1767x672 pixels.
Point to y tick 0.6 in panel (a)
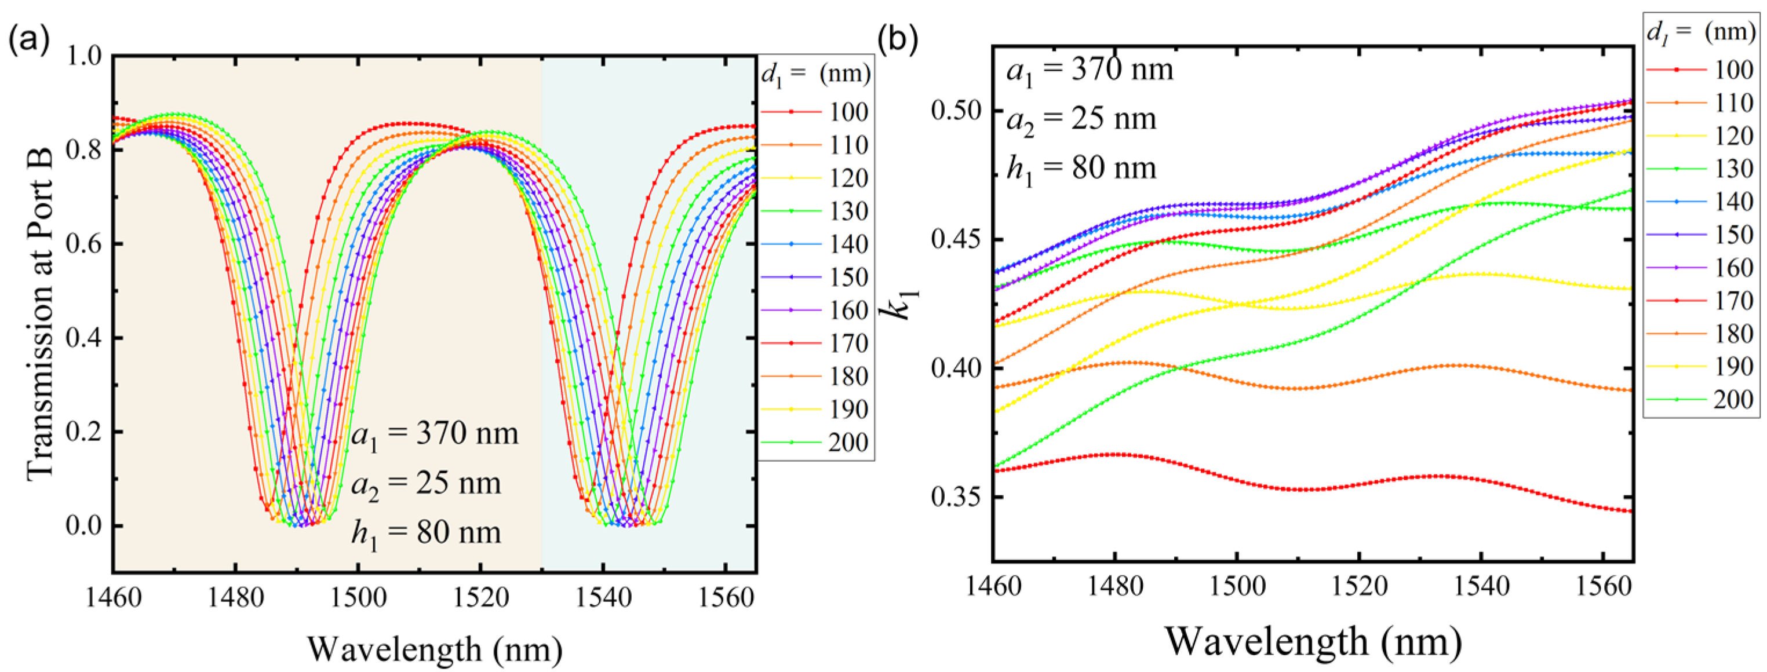pos(83,244)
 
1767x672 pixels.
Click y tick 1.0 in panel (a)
pos(83,56)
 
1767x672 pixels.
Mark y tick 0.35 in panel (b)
pos(956,496)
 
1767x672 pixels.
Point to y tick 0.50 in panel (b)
pos(956,111)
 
